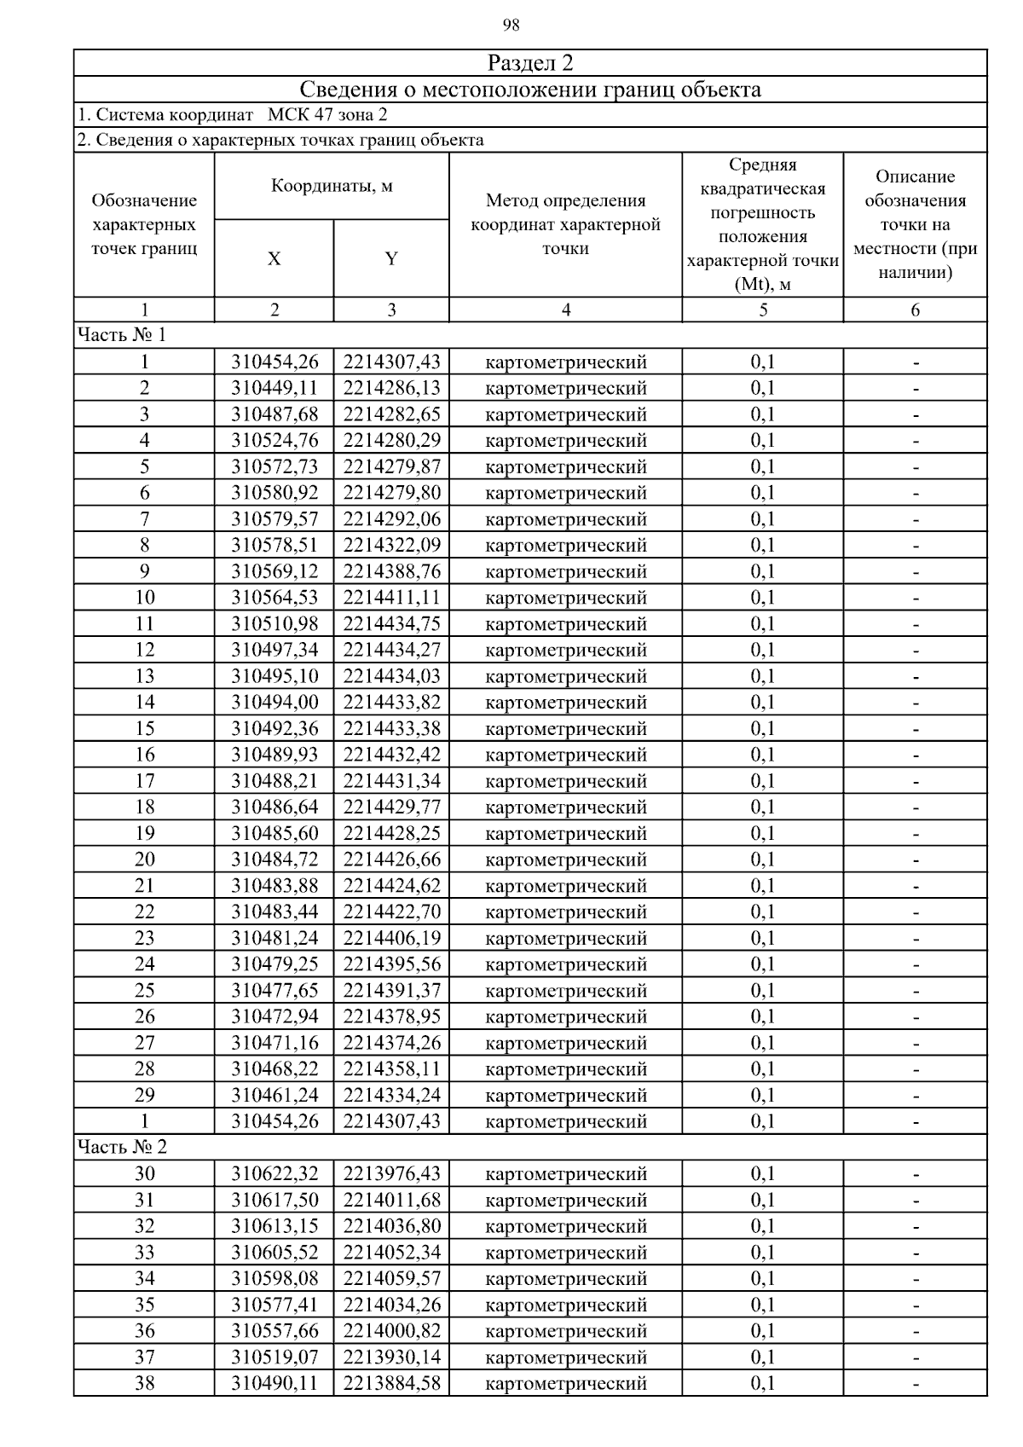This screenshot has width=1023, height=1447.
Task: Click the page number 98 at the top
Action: (x=511, y=26)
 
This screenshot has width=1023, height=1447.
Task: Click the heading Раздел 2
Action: (x=530, y=63)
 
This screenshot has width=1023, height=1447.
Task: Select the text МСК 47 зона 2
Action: (x=327, y=115)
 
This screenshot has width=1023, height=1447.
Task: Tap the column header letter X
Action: (x=274, y=258)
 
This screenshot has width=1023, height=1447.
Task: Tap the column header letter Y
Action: (x=391, y=258)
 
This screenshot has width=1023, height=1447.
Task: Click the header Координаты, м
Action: (x=332, y=186)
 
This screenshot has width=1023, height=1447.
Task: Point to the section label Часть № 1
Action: (x=121, y=335)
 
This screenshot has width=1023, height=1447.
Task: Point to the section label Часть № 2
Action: (x=122, y=1147)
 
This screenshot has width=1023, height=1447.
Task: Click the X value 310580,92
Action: (x=275, y=493)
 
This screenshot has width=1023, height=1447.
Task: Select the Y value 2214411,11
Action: (x=392, y=598)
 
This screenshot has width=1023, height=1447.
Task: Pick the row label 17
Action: (x=144, y=781)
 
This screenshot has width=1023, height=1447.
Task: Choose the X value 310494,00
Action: (x=275, y=703)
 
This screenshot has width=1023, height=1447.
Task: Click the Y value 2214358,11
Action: (x=392, y=1069)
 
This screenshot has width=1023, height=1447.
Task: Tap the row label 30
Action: (x=144, y=1174)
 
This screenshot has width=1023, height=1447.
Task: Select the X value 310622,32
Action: (x=275, y=1174)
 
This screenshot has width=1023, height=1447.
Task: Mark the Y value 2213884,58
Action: (x=392, y=1383)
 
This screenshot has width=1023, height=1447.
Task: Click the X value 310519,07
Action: (x=275, y=1357)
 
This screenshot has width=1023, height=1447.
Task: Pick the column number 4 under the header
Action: (x=565, y=310)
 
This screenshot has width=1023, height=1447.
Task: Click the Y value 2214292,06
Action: (x=392, y=519)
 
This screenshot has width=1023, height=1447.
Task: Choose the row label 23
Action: (x=144, y=939)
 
